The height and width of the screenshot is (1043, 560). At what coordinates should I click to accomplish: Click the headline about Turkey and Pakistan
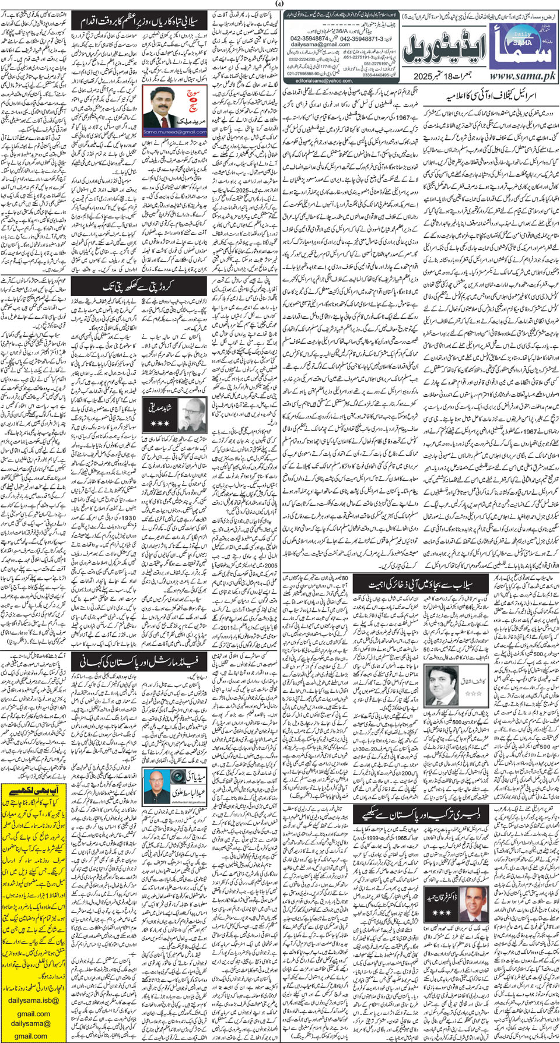(415, 815)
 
